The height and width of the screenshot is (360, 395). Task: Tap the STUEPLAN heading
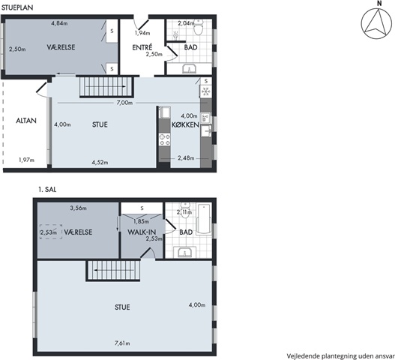coord(17,7)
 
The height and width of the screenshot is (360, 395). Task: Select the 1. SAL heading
coord(47,189)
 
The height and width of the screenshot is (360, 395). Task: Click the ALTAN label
coord(26,121)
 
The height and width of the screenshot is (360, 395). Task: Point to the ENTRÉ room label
coord(142,47)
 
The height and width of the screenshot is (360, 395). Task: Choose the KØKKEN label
coord(185,124)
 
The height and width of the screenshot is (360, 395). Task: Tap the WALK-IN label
coord(142,232)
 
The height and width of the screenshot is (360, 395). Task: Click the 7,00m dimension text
coord(124,103)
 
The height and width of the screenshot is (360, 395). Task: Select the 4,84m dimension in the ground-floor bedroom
coord(59,23)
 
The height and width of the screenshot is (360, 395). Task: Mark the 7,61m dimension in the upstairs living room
coord(122,343)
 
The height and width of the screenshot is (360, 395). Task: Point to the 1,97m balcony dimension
coord(26,160)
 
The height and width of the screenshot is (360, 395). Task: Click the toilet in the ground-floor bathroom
coord(199,28)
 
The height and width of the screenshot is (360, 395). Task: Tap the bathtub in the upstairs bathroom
coord(204,218)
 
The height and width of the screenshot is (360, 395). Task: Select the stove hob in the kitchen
coord(164,140)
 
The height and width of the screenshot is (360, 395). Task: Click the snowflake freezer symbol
coord(206,91)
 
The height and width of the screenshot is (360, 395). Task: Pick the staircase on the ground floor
coord(106,87)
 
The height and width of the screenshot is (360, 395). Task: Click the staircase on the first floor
coord(113,270)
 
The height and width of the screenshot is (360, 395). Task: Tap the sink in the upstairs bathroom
coord(185,252)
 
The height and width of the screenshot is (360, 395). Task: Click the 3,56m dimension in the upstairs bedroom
coord(79,208)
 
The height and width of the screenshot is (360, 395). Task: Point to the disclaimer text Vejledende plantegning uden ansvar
coord(341,356)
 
